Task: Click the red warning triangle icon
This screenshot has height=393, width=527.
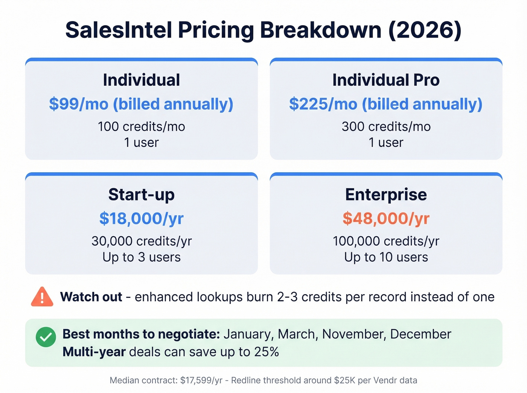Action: click(x=42, y=297)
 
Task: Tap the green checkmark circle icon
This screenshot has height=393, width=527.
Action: click(x=46, y=337)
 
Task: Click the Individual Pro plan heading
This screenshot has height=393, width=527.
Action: click(x=386, y=80)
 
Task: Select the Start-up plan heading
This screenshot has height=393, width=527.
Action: click(x=142, y=195)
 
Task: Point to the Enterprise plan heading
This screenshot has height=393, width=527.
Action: click(x=386, y=195)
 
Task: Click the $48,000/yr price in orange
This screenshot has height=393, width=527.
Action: click(x=386, y=219)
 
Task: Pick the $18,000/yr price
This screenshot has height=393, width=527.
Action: click(x=142, y=219)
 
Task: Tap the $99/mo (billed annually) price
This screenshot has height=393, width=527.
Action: click(x=141, y=104)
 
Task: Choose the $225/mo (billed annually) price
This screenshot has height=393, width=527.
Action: click(x=386, y=104)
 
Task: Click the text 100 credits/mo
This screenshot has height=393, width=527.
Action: click(x=142, y=127)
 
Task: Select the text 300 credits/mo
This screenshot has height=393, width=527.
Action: click(x=386, y=127)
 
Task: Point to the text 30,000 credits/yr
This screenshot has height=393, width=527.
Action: click(x=142, y=241)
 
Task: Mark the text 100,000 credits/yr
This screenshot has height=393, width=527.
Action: click(x=386, y=241)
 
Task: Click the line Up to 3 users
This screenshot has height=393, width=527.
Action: click(x=142, y=257)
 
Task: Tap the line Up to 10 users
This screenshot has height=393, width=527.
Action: click(x=386, y=257)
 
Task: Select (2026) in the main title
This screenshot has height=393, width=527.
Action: click(x=425, y=30)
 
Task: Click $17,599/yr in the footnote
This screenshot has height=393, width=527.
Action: click(x=201, y=381)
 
